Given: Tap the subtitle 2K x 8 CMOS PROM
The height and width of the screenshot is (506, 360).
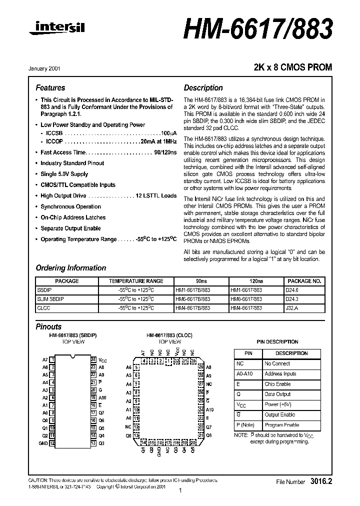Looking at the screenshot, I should [x=293, y=67].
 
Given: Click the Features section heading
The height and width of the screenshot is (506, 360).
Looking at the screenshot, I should [x=50, y=87].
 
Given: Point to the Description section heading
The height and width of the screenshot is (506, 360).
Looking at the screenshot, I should [x=203, y=87].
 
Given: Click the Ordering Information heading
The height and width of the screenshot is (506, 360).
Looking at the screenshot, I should [x=70, y=268].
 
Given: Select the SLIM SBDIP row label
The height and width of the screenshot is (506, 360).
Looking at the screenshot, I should [x=51, y=299].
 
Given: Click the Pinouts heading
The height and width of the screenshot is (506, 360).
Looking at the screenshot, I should [x=48, y=326].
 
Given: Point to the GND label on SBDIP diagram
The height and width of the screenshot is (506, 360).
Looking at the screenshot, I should [x=43, y=443].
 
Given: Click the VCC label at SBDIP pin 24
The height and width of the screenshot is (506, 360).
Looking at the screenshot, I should [x=102, y=360].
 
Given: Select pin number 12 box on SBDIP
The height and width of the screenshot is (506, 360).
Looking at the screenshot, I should [x=51, y=443].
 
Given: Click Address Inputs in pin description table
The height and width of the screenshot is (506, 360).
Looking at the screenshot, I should [x=280, y=374].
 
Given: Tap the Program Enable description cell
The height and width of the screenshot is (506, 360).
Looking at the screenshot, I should [x=281, y=425].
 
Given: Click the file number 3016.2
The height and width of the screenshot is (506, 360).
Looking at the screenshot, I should [x=320, y=481].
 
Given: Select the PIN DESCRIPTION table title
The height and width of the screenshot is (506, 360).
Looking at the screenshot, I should [x=277, y=342].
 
